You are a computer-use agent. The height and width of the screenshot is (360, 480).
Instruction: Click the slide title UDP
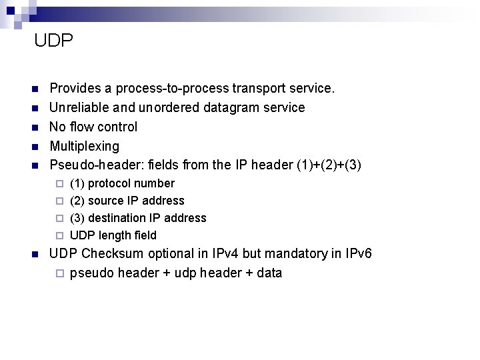53,41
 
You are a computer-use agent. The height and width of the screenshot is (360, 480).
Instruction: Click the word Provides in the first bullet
73,88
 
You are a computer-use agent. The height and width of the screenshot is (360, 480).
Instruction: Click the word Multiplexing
85,146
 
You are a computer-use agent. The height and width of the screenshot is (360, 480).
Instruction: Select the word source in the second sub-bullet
105,201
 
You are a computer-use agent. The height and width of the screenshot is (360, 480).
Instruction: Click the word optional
183,254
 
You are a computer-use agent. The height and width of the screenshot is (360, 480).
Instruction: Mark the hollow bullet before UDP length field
59,235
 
